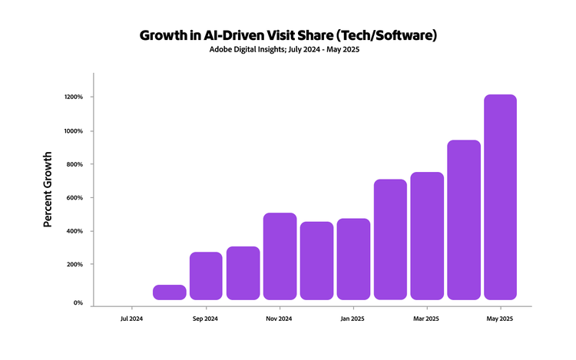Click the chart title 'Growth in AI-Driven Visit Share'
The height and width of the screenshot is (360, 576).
[x=288, y=35]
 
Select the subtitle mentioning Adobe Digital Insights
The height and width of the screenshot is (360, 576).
[x=288, y=51]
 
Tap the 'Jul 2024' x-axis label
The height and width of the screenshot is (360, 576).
[x=132, y=318]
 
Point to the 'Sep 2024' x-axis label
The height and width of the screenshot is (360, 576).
[x=206, y=318]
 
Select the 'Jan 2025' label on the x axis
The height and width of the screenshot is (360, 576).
[x=353, y=318]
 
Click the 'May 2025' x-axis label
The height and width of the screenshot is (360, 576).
[x=501, y=318]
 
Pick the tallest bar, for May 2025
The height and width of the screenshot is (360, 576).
[x=501, y=197]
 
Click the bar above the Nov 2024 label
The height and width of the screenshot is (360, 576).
[x=280, y=256]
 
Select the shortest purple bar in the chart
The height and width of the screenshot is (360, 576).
[x=169, y=292]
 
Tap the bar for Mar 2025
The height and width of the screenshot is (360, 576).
[x=427, y=236]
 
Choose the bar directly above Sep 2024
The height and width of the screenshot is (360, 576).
[x=206, y=276]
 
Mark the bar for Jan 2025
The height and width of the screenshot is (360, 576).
[x=353, y=259]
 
